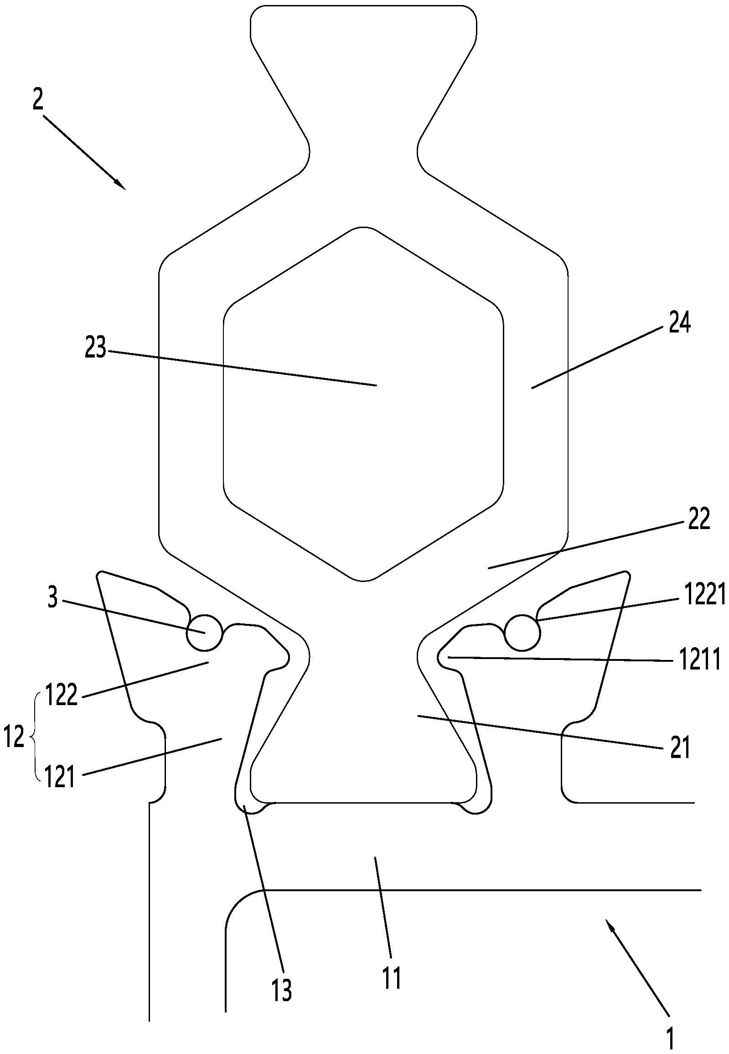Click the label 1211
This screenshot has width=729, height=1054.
tap(699, 660)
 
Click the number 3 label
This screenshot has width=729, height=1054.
tap(53, 599)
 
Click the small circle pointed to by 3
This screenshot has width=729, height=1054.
tap(204, 632)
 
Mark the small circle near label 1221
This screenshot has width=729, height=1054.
tap(522, 632)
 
